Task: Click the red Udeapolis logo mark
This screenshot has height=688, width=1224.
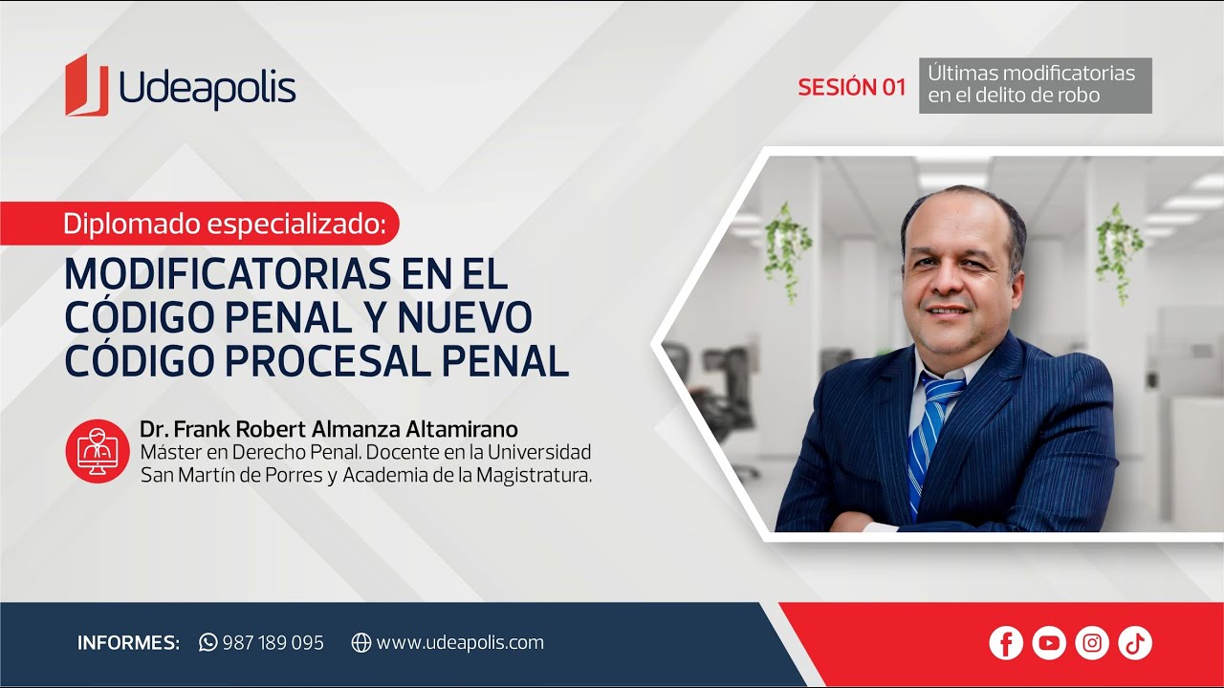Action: pyautogui.click(x=86, y=86)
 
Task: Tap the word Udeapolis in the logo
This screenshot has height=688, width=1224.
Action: pyautogui.click(x=208, y=90)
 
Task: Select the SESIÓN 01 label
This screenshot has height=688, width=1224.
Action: pyautogui.click(x=851, y=87)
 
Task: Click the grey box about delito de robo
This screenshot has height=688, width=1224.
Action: pyautogui.click(x=1035, y=85)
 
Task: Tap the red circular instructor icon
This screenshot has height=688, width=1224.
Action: pyautogui.click(x=98, y=451)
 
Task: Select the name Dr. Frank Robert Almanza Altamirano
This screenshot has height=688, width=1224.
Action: pyautogui.click(x=329, y=429)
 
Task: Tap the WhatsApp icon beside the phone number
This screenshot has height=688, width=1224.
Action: pyautogui.click(x=208, y=642)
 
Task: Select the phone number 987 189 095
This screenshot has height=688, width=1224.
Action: pyautogui.click(x=273, y=643)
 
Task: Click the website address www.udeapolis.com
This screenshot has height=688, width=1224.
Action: pyautogui.click(x=460, y=643)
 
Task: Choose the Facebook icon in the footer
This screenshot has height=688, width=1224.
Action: pyautogui.click(x=1006, y=643)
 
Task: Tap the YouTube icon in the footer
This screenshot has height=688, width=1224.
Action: pyautogui.click(x=1049, y=643)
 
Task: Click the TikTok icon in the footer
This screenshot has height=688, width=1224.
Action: pyautogui.click(x=1135, y=643)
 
